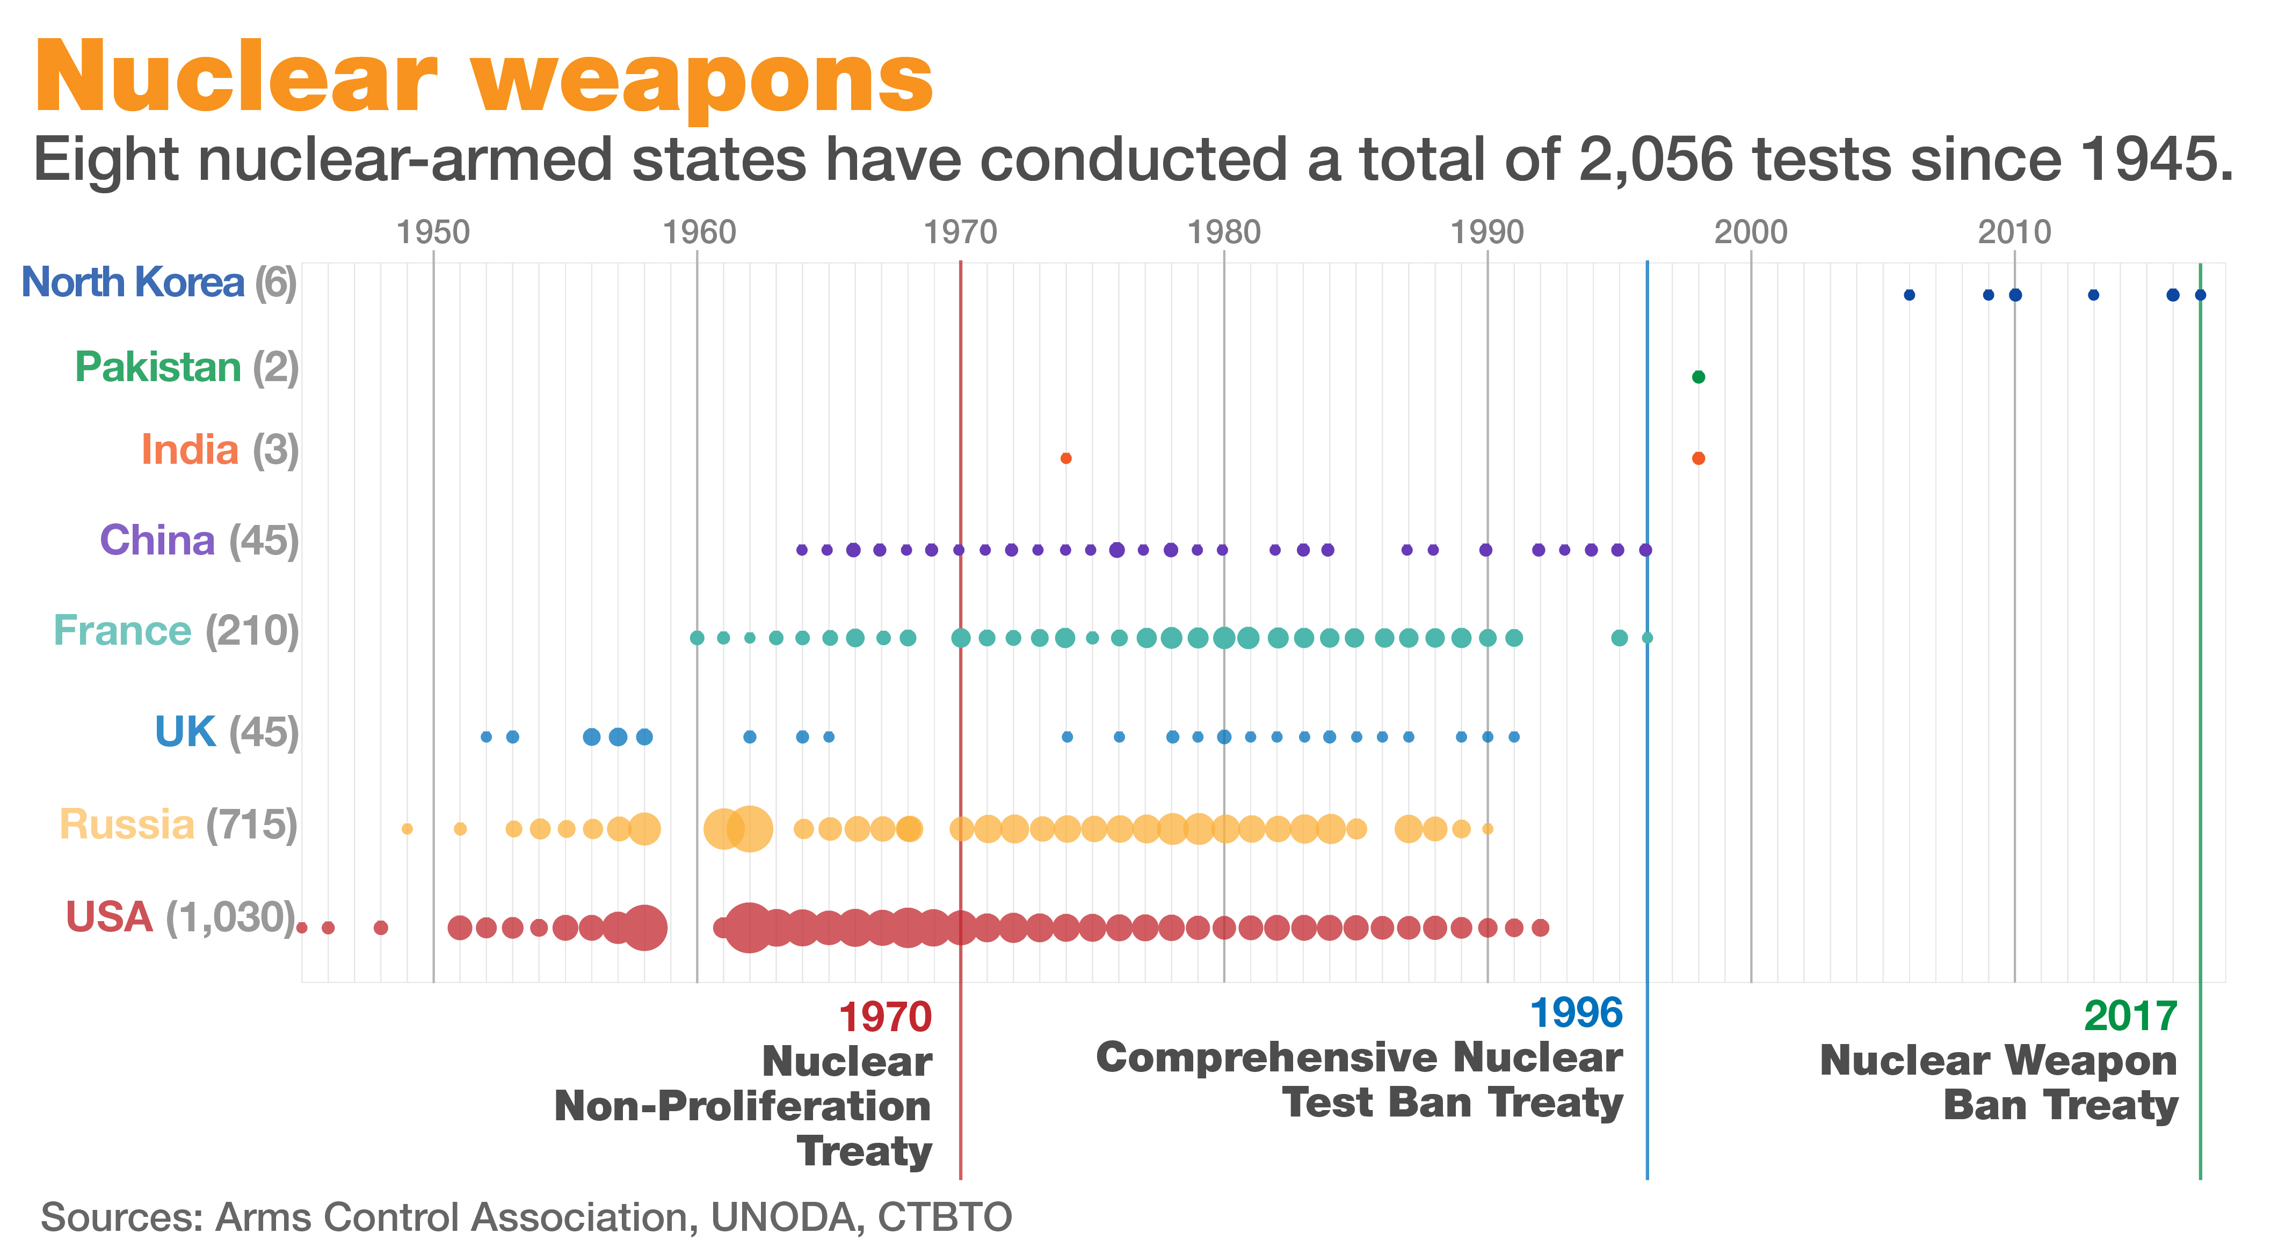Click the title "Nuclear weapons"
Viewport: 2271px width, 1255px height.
[483, 79]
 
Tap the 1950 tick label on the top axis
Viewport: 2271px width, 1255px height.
[433, 232]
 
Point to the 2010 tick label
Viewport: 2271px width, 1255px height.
[2014, 232]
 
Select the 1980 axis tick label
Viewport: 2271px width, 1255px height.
[1224, 232]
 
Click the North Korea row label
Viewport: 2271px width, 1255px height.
[132, 283]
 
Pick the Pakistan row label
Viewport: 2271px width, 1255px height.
[158, 368]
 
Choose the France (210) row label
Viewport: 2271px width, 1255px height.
[176, 631]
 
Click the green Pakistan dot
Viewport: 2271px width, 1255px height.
[1698, 377]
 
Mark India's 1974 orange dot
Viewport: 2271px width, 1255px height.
[1066, 458]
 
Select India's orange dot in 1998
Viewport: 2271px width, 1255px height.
[1698, 458]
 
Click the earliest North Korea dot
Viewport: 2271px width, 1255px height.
[1909, 295]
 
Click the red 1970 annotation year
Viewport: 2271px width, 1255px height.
[884, 1018]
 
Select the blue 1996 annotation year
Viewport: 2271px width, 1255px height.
[1576, 1013]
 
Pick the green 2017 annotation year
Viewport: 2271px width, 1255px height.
[2130, 1017]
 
